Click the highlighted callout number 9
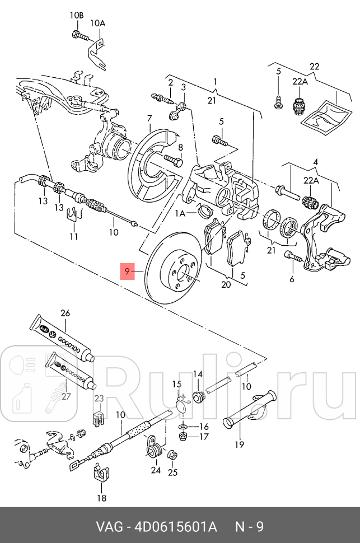(x=128, y=272)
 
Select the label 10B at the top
(x=77, y=15)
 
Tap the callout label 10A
(x=97, y=23)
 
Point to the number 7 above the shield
(x=149, y=119)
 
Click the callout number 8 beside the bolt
(x=180, y=148)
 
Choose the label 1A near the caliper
(x=180, y=213)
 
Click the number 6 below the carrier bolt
(x=291, y=279)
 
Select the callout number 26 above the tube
(x=65, y=313)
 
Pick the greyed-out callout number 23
(x=99, y=399)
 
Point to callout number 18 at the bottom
(x=101, y=498)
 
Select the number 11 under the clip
(x=74, y=237)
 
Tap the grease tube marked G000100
(x=63, y=340)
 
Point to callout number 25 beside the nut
(x=172, y=472)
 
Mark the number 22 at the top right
(x=315, y=67)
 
